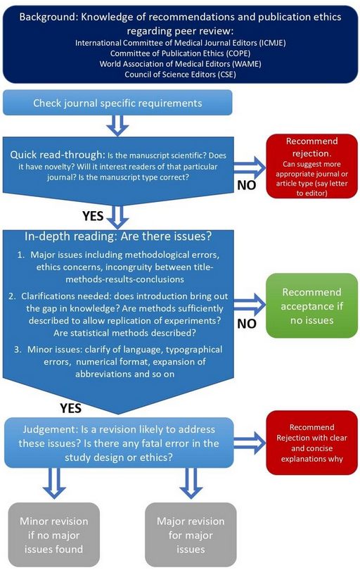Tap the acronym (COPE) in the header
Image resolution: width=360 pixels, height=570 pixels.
[x=238, y=53]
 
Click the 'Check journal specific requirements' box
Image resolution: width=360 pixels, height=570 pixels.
[x=117, y=103]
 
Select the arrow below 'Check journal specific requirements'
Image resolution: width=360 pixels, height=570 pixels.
[x=117, y=126]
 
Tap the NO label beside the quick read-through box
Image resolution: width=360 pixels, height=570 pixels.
[x=247, y=185]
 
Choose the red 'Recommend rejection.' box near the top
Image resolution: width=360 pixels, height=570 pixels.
[x=311, y=167]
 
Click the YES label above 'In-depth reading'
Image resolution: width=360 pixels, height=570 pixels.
[x=93, y=216]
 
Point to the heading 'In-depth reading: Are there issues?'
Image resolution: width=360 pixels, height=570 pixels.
[x=118, y=236]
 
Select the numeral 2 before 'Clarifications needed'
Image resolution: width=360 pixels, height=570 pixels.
[x=13, y=296]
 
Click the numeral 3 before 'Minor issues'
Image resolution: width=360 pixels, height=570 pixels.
[x=18, y=350]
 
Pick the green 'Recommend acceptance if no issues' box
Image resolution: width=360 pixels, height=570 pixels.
[x=311, y=306]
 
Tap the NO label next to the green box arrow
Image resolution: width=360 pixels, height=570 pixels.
[x=247, y=324]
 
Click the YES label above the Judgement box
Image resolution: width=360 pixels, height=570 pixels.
[x=71, y=408]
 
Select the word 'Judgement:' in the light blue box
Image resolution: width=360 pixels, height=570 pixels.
[x=49, y=429]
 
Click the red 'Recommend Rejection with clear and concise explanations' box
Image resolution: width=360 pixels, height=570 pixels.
[x=311, y=443]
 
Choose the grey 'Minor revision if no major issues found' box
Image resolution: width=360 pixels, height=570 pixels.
[x=53, y=535]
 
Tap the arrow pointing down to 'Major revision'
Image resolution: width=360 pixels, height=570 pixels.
[x=191, y=483]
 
